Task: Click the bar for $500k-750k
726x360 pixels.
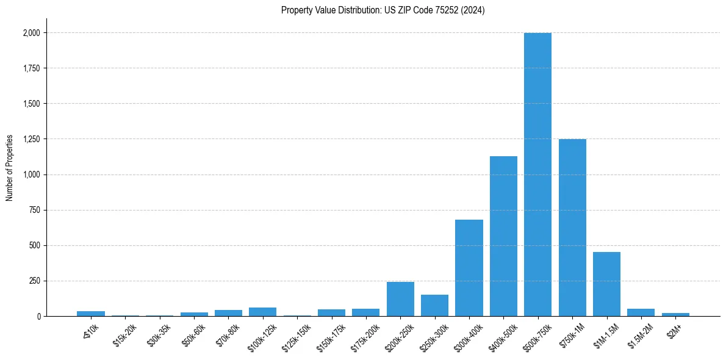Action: coord(537,175)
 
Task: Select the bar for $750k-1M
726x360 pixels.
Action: coord(572,228)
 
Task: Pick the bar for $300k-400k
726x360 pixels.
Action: coord(469,268)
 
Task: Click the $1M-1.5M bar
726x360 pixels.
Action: coord(606,284)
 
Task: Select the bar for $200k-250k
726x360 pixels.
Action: coord(400,299)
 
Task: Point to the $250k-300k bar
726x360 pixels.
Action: coord(434,306)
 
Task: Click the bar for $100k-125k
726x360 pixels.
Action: coord(262,312)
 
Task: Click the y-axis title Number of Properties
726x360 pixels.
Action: coord(10,168)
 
